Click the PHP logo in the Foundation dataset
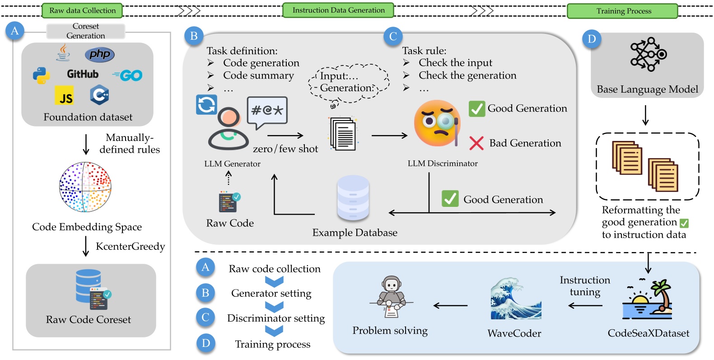coord(99,55)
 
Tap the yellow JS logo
coord(64,95)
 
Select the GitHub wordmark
coord(82,74)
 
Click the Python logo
coord(41,75)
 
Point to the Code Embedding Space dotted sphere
coord(85,187)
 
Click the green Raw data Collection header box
coord(82,10)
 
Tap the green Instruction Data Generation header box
coord(338,10)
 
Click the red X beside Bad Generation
coord(476,143)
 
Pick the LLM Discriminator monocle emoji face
coord(437,123)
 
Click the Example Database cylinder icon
coord(353,198)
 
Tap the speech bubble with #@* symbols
coord(267,111)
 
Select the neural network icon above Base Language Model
coord(648,55)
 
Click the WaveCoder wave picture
coord(515,299)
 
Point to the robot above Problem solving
coord(391,296)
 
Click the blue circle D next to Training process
coord(205,343)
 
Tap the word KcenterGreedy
coord(130,246)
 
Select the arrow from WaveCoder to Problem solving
coord(450,306)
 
